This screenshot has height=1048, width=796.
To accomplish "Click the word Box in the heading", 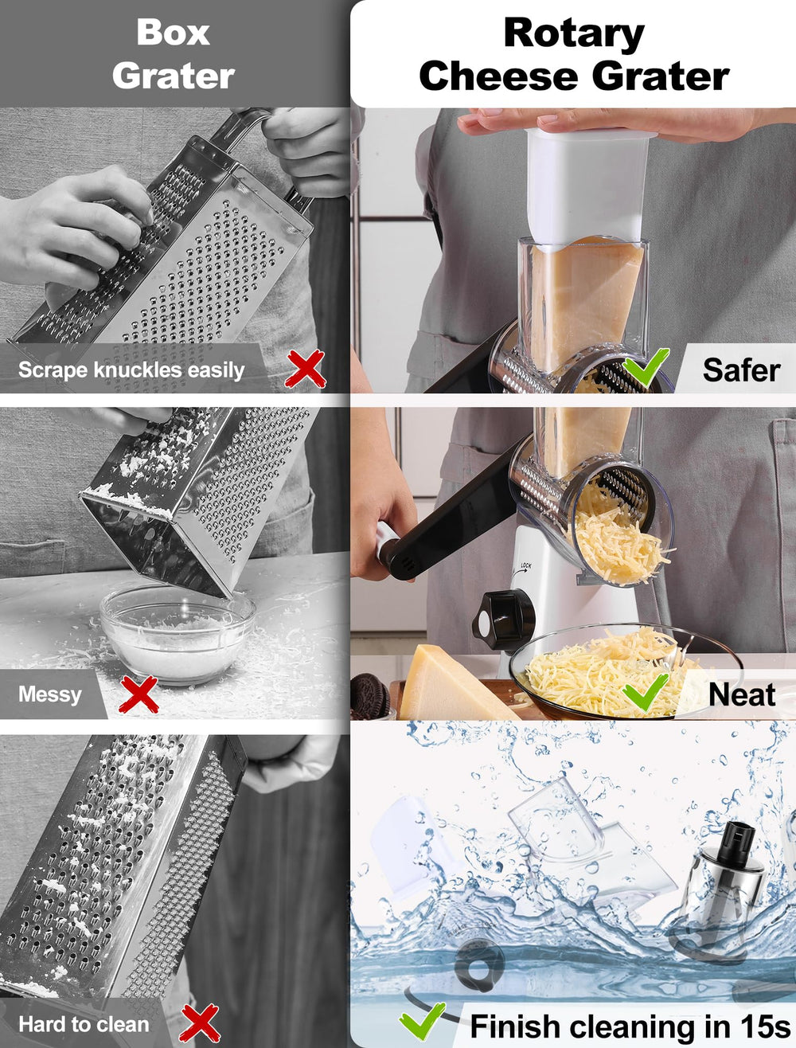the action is pyautogui.click(x=173, y=33).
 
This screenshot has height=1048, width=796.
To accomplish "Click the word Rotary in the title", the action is pyautogui.click(x=574, y=34).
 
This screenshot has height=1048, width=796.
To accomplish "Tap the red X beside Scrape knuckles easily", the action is pyautogui.click(x=306, y=369).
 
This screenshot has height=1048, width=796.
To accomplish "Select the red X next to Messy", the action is pyautogui.click(x=139, y=694).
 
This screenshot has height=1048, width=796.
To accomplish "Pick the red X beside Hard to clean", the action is pyautogui.click(x=200, y=1023).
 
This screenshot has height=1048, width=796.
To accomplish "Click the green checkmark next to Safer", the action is pyautogui.click(x=646, y=366).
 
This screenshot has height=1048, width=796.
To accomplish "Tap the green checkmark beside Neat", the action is pyautogui.click(x=646, y=692).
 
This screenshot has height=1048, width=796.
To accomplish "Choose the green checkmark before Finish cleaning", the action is pyautogui.click(x=423, y=1021).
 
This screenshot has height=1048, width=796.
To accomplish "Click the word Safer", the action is pyautogui.click(x=741, y=370).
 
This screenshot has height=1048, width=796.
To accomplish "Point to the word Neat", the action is pyautogui.click(x=742, y=694).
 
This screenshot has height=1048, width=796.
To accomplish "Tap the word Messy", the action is pyautogui.click(x=50, y=694).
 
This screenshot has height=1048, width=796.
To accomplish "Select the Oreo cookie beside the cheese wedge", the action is pyautogui.click(x=371, y=696).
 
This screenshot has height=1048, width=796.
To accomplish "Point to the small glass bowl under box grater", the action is pyautogui.click(x=178, y=635).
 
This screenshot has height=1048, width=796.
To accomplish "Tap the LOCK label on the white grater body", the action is pyautogui.click(x=525, y=566).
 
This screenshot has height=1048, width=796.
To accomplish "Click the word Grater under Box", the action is pyautogui.click(x=174, y=76).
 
